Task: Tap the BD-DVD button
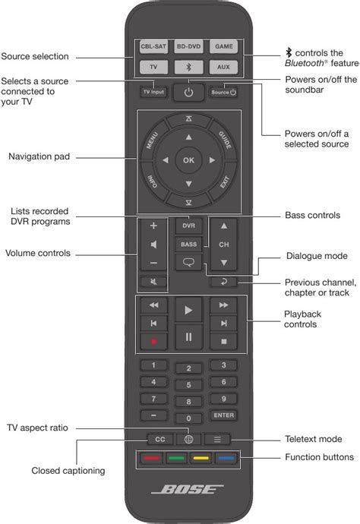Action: pos(188,46)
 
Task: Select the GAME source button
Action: pos(224,46)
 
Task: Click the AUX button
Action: pos(224,67)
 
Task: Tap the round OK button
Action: pos(188,159)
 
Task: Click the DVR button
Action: pos(188,226)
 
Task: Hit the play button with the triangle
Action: pos(188,309)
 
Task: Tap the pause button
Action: pos(188,336)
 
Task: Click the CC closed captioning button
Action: pos(154,438)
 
